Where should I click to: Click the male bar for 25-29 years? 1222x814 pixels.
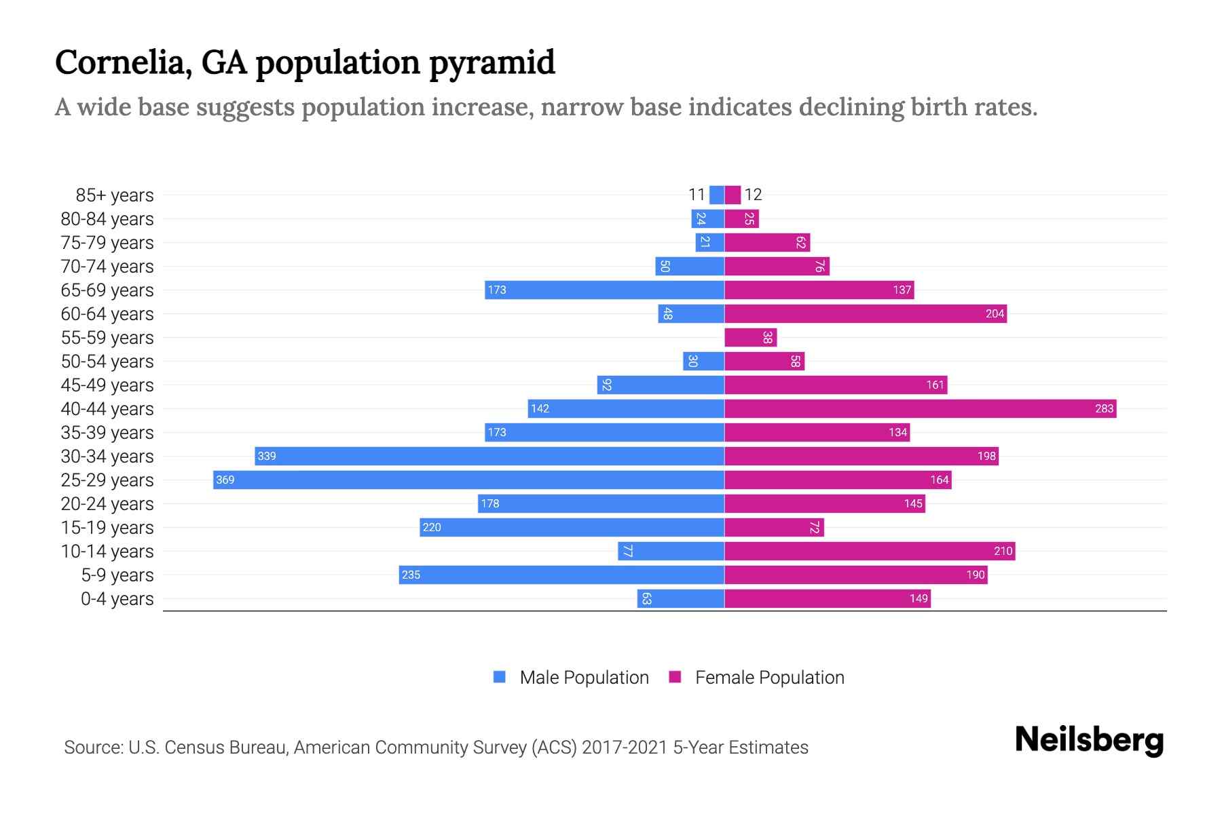pyautogui.click(x=468, y=480)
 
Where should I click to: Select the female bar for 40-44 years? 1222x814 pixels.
pyautogui.click(x=920, y=408)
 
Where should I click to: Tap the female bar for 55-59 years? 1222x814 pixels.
pyautogui.click(x=750, y=337)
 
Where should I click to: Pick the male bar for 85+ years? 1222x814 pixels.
pyautogui.click(x=716, y=195)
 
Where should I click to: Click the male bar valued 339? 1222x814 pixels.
pyautogui.click(x=489, y=456)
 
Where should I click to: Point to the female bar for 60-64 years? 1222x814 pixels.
pyautogui.click(x=866, y=313)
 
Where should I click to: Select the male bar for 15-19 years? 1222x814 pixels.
pyautogui.click(x=572, y=527)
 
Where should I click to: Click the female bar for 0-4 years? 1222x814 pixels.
pyautogui.click(x=827, y=598)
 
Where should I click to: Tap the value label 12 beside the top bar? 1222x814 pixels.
pyautogui.click(x=753, y=195)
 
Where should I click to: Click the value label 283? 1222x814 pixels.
pyautogui.click(x=1104, y=408)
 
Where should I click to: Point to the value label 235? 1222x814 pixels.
pyautogui.click(x=411, y=575)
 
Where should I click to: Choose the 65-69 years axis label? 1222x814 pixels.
pyautogui.click(x=107, y=290)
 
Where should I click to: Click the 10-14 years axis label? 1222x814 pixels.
pyautogui.click(x=107, y=551)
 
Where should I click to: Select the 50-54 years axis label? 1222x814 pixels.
pyautogui.click(x=107, y=362)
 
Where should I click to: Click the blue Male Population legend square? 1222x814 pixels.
pyautogui.click(x=500, y=677)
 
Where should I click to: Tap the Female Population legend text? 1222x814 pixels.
pyautogui.click(x=769, y=677)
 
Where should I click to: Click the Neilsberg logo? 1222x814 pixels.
pyautogui.click(x=1089, y=739)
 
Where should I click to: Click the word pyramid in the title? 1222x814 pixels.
pyautogui.click(x=492, y=62)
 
